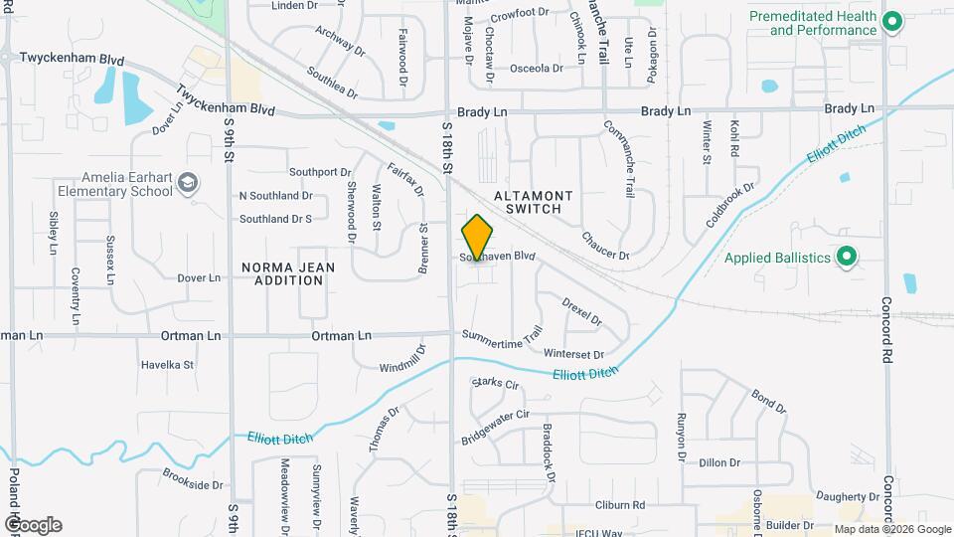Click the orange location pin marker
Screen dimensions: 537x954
(477, 238)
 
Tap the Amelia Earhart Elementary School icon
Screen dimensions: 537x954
(189, 182)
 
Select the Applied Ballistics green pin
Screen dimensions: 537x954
(847, 258)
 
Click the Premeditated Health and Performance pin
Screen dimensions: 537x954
(891, 21)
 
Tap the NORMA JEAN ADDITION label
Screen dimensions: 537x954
(283, 273)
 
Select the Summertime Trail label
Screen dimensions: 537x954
(503, 338)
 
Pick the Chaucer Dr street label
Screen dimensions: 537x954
(605, 246)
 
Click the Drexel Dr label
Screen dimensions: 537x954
(582, 311)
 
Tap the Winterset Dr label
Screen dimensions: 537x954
(574, 354)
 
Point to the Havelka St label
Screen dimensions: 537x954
(167, 365)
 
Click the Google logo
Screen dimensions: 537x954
(33, 525)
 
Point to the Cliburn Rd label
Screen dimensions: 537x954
(621, 505)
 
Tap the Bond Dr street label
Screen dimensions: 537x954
(768, 402)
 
